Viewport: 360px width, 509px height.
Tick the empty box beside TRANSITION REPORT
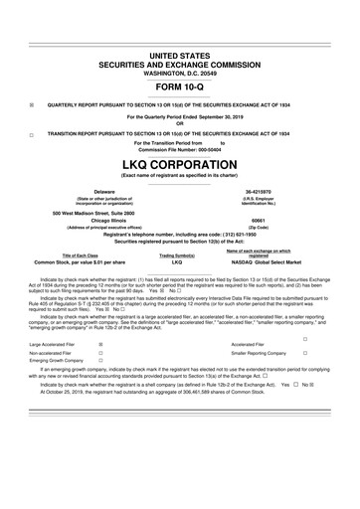tap(31, 132)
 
